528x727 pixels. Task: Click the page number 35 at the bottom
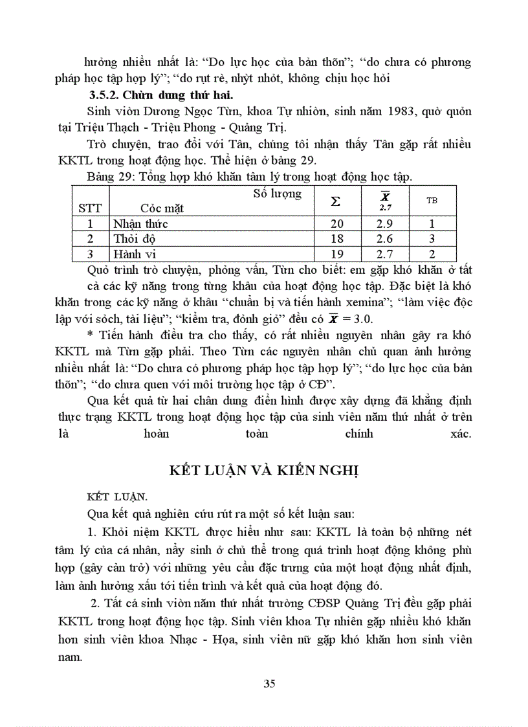(270, 684)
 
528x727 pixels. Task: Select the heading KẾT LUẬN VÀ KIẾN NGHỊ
(264, 470)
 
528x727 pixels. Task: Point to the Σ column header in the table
(335, 201)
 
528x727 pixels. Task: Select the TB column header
(432, 201)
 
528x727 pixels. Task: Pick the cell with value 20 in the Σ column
(336, 224)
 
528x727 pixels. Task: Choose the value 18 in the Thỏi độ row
(336, 239)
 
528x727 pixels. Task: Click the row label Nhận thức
(140, 224)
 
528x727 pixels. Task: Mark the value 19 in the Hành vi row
(336, 254)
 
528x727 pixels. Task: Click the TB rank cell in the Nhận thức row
(432, 224)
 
